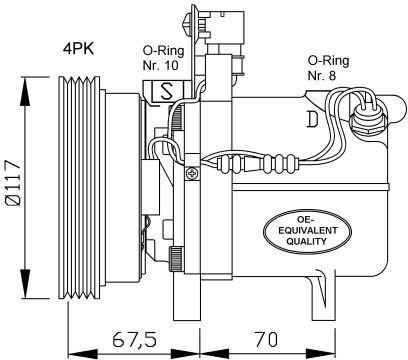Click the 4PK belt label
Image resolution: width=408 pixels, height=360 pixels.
tap(79, 49)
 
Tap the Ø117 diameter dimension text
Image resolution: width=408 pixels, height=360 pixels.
tap(13, 182)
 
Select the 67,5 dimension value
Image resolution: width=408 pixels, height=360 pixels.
tap(134, 340)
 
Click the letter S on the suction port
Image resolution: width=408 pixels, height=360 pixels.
tap(166, 91)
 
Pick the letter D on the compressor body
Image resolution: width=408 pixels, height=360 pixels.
tap(312, 119)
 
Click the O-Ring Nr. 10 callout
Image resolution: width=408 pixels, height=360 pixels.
tap(163, 58)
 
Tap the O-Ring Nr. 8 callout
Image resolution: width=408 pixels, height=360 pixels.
tap(328, 68)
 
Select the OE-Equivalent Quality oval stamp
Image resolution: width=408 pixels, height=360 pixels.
tap(307, 231)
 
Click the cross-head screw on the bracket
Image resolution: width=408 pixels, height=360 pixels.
tap(192, 173)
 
